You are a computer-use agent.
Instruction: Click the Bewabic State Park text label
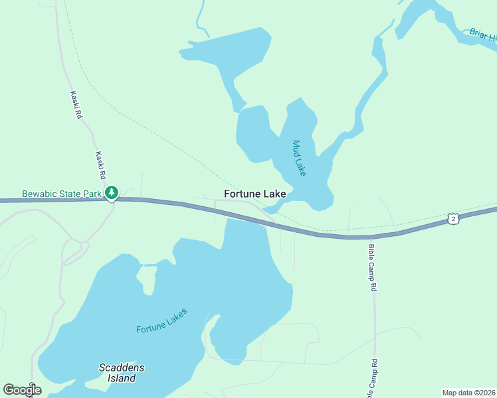[x=62, y=194]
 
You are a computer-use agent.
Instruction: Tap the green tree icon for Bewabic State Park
[x=112, y=193]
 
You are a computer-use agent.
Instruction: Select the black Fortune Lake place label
[x=255, y=194]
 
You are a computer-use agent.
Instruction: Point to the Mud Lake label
[x=299, y=157]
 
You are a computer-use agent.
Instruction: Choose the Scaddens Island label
[x=122, y=373]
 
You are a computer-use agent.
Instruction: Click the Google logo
[x=22, y=390]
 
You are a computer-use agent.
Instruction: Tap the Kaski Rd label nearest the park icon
[x=101, y=166]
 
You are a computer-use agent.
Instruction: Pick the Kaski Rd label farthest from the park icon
[x=77, y=105]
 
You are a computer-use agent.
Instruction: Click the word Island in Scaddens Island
[x=122, y=378]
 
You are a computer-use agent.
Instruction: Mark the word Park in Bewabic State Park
[x=93, y=194]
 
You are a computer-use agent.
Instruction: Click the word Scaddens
[x=122, y=367]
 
